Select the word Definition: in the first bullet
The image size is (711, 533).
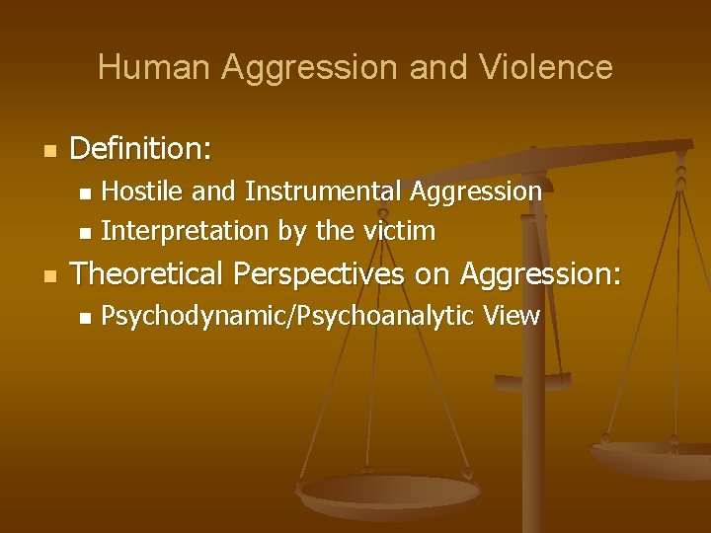pyautogui.click(x=141, y=149)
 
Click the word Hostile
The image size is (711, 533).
pyautogui.click(x=134, y=190)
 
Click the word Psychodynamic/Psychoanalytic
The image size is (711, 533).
pyautogui.click(x=281, y=316)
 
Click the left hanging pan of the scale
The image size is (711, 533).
pyautogui.click(x=388, y=495)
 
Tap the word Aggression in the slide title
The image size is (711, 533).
pyautogui.click(x=303, y=67)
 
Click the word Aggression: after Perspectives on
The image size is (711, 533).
pyautogui.click(x=542, y=273)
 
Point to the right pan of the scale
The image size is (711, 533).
pyautogui.click(x=652, y=456)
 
